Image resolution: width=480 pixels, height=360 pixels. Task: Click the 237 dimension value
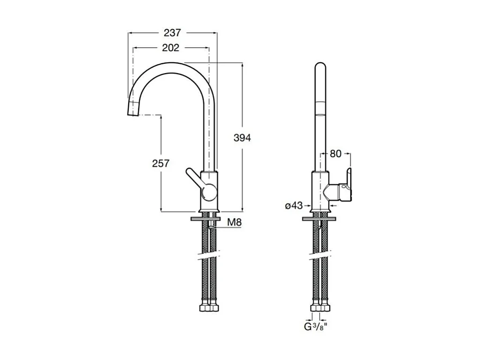[x=172, y=33]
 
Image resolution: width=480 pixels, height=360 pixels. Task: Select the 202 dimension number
[x=170, y=48]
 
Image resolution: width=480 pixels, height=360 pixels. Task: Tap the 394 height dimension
[x=243, y=138]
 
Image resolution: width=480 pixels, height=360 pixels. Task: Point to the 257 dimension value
[x=161, y=163]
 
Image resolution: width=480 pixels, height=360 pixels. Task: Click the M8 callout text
[x=234, y=223]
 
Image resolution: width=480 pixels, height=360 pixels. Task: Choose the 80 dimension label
[x=335, y=153]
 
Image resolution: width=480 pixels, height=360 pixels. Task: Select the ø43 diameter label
[x=294, y=205]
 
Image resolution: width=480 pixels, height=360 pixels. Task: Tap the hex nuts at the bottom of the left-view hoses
[x=208, y=308]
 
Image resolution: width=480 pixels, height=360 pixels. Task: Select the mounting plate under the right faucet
[x=319, y=218]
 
